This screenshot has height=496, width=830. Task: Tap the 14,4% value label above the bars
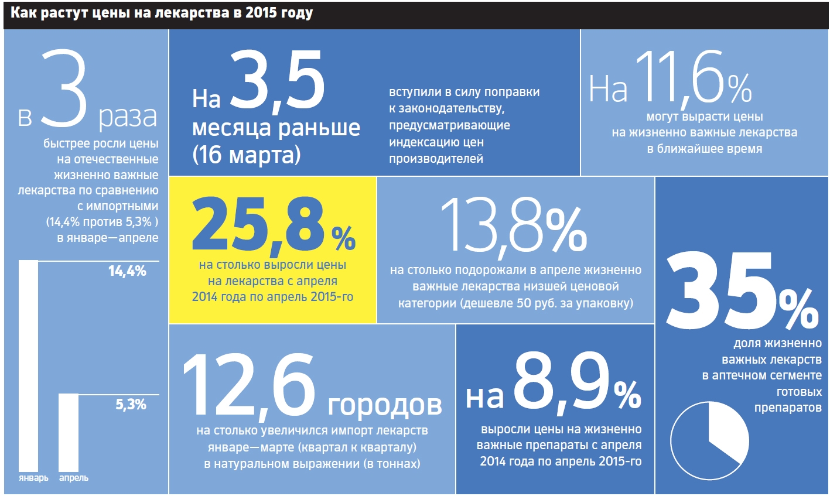[x=127, y=271]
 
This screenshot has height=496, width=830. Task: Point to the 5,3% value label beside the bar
[x=131, y=405]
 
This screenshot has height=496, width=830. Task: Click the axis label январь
[x=33, y=478]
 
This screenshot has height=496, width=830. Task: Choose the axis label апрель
[x=74, y=478]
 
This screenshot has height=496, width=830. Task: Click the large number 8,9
[x=561, y=384]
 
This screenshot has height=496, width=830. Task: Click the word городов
[x=384, y=405]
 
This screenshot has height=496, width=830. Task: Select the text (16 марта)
[x=246, y=155]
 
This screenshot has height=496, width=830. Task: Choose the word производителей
[x=436, y=158]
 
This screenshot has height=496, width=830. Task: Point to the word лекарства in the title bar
[x=190, y=13]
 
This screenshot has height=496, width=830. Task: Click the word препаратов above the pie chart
[x=788, y=408]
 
